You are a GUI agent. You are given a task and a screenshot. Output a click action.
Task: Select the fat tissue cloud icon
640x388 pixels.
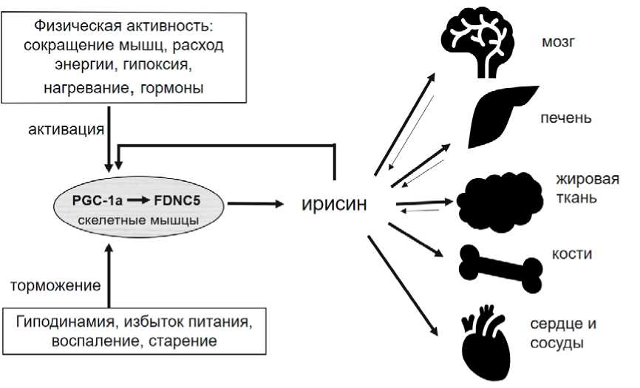[495, 198]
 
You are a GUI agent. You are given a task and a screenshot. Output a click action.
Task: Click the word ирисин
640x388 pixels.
[334, 203]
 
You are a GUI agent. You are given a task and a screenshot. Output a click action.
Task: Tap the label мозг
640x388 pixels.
[558, 42]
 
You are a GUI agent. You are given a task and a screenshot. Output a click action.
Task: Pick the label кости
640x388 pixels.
[572, 254]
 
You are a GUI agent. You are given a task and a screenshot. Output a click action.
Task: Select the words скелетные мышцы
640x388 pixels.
[140, 220]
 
